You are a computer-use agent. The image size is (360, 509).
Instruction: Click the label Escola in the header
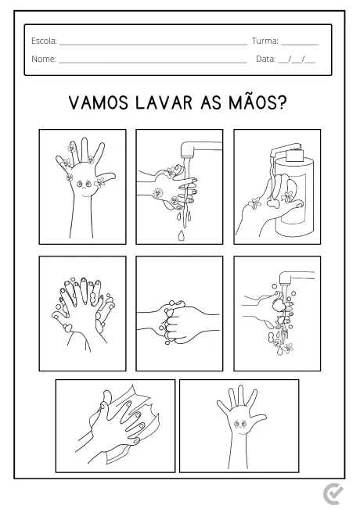click(44, 41)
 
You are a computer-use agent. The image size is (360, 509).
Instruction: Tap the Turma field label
click(265, 41)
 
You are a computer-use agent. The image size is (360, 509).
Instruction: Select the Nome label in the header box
click(44, 59)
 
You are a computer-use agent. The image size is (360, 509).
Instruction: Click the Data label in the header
click(266, 59)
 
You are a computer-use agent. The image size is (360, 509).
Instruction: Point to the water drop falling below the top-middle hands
click(182, 233)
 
